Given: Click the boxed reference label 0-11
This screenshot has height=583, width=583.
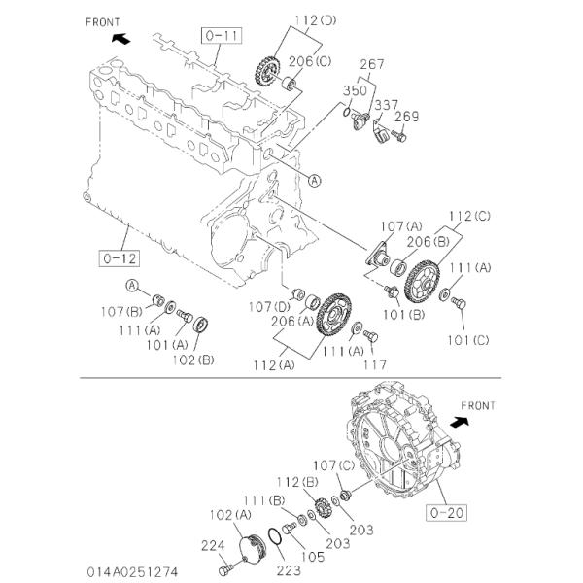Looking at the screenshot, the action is (222, 36).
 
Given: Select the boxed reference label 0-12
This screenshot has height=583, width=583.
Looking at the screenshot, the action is (120, 258).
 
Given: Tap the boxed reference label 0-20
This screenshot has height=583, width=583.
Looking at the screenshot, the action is (446, 513).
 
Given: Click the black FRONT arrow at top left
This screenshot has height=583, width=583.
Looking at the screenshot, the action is (121, 38).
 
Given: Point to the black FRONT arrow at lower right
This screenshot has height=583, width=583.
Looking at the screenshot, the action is (460, 422).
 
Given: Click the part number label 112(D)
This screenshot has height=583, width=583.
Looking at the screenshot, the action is (316, 20).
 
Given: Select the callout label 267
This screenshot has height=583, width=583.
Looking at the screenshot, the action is (372, 64).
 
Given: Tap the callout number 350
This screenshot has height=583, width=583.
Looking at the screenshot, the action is (355, 90).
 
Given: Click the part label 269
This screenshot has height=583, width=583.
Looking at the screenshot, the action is (406, 117).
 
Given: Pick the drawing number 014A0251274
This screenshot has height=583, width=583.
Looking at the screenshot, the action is (133, 572).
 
